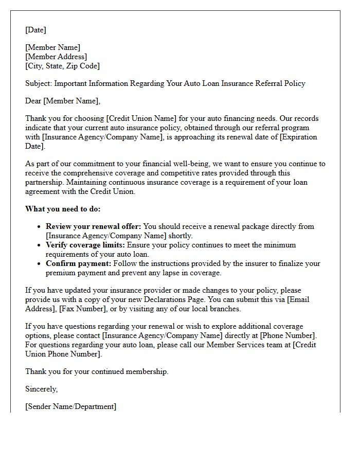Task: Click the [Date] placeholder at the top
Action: click(35, 30)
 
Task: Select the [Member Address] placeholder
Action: click(56, 57)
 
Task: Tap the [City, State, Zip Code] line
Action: click(62, 66)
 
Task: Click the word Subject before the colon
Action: click(38, 83)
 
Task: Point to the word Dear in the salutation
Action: click(33, 101)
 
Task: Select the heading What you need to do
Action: click(63, 209)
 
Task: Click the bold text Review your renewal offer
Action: click(93, 226)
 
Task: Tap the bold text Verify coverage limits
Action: click(85, 245)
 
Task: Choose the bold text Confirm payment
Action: click(78, 263)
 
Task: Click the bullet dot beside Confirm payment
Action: click(40, 264)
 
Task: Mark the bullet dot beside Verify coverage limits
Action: click(40, 245)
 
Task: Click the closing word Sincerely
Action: click(41, 389)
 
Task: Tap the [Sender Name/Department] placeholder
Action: click(70, 406)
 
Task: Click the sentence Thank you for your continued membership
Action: click(97, 371)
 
